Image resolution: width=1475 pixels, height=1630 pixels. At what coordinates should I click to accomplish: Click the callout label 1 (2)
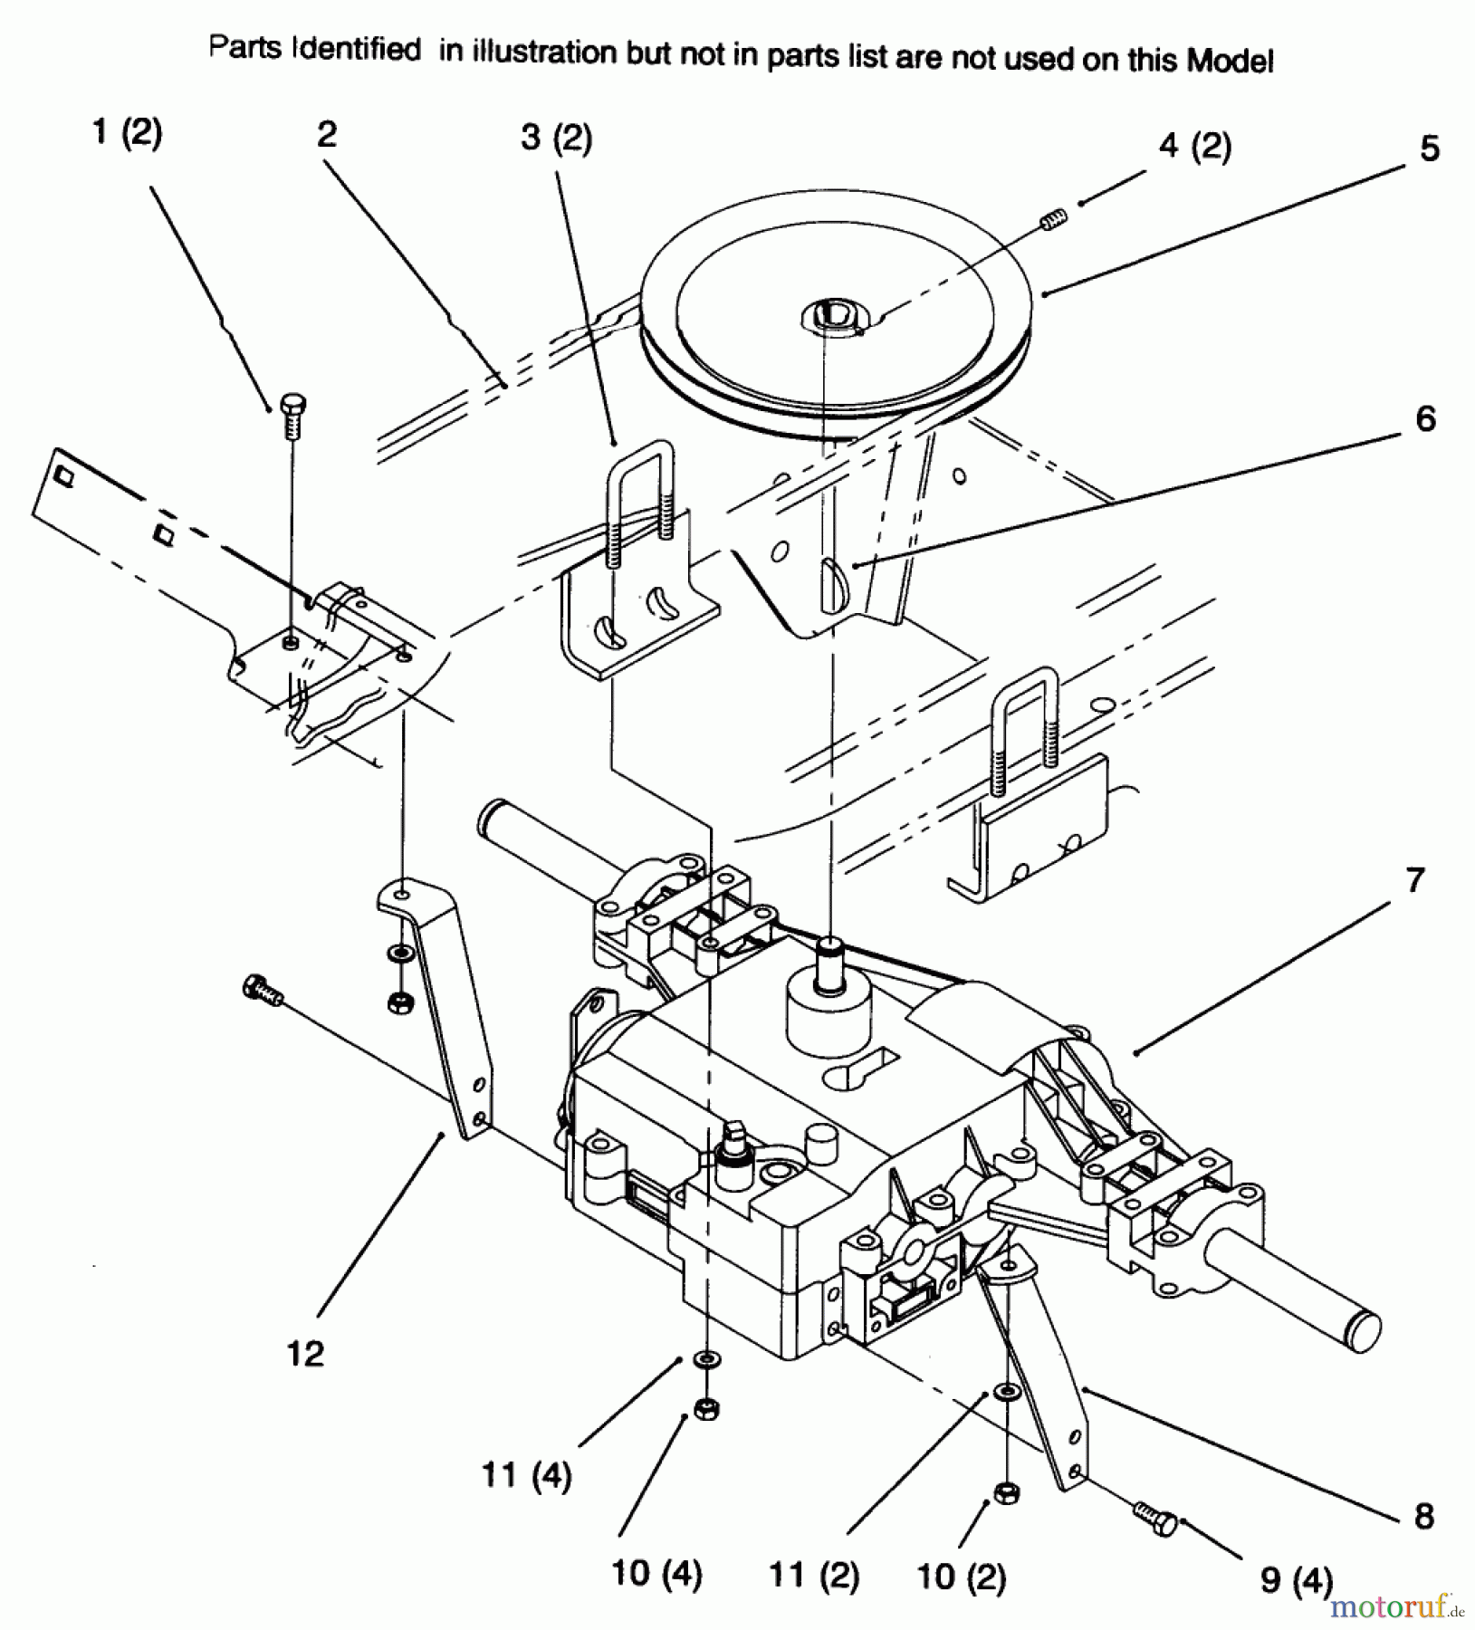click(127, 134)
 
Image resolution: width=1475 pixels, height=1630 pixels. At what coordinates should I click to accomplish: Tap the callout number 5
click(1429, 149)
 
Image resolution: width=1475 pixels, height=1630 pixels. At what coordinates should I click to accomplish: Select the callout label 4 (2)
click(1195, 147)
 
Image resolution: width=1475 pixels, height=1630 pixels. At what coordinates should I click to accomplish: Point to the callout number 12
click(305, 1354)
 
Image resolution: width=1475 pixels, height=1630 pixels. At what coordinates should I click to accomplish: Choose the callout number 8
click(1424, 1516)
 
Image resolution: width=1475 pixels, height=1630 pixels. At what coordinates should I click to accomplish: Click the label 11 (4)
click(526, 1477)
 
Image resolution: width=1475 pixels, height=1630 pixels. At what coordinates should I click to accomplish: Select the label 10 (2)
click(961, 1578)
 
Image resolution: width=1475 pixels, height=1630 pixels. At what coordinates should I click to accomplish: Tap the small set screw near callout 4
click(1055, 217)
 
